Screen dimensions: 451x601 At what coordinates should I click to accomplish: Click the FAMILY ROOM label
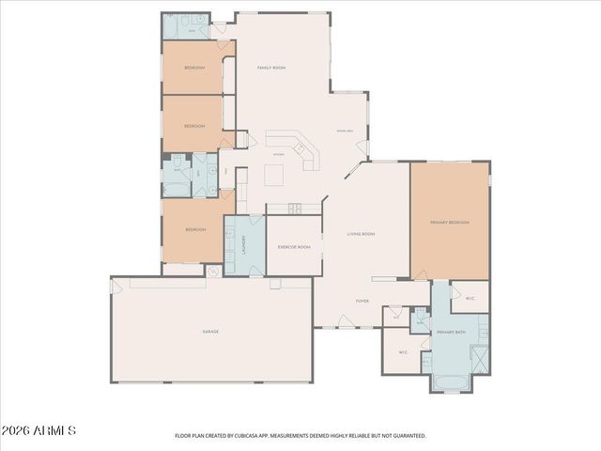point(271,68)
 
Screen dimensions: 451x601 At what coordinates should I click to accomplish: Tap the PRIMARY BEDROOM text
point(449,223)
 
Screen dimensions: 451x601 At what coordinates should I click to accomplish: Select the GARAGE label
point(210,332)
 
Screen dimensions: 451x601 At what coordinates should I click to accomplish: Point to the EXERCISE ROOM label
point(294,247)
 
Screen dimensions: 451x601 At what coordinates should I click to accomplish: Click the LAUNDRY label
point(242,245)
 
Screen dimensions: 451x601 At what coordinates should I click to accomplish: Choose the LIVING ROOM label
point(362,234)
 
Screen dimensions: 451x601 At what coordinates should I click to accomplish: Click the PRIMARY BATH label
point(452,333)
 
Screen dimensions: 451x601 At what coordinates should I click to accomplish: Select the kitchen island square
point(274,176)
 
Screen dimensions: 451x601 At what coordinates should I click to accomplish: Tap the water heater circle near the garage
point(213,272)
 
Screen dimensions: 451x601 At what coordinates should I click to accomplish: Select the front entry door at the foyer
point(345,323)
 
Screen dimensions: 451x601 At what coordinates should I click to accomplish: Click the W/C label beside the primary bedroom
point(470,299)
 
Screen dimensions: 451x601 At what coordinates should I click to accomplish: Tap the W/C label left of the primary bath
point(403,353)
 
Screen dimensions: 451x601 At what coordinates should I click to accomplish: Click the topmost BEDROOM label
point(194,68)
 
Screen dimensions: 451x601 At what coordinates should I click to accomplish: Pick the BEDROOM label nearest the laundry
point(194,229)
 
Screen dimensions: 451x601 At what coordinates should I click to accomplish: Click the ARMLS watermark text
point(39,430)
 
